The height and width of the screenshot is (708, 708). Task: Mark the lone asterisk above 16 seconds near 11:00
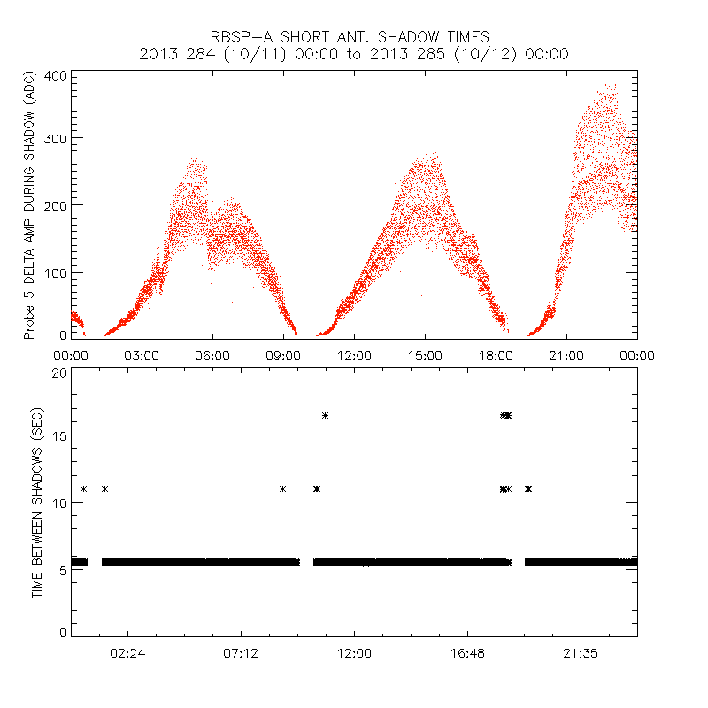click(326, 416)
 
